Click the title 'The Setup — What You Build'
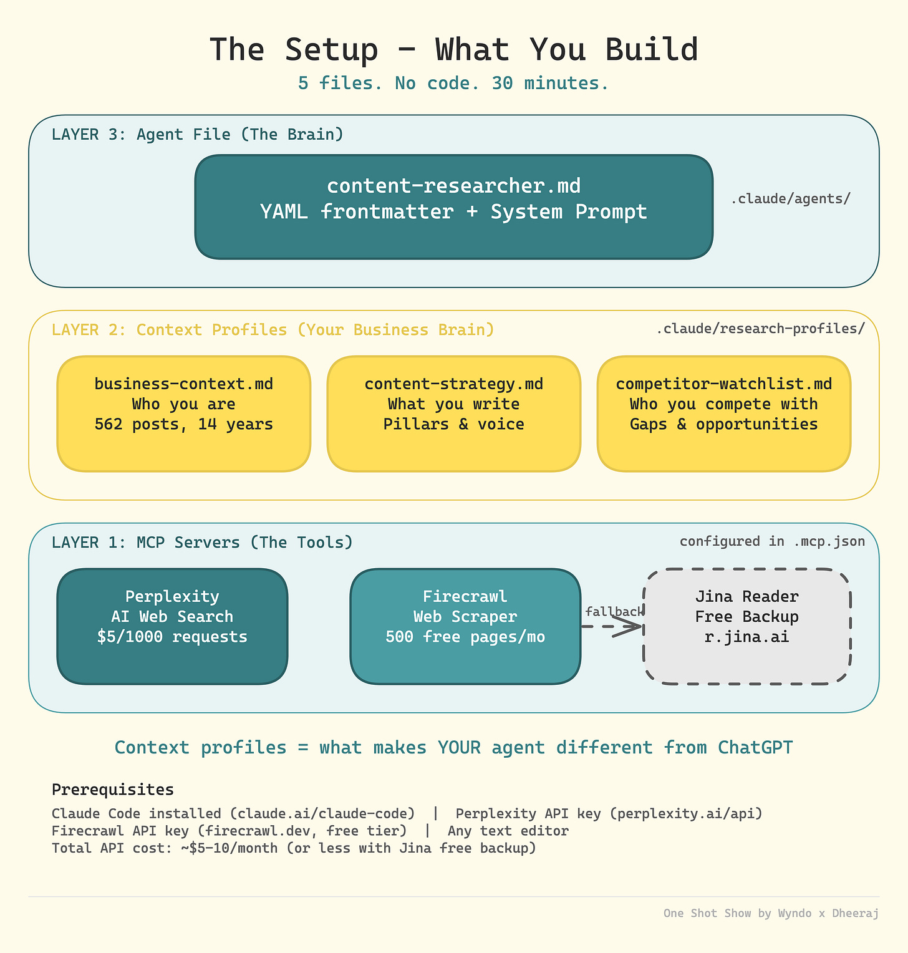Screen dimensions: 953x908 (x=453, y=50)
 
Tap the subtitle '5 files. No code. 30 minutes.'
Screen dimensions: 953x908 (x=453, y=83)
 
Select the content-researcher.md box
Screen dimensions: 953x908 (x=453, y=206)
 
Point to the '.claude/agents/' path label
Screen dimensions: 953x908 (x=790, y=199)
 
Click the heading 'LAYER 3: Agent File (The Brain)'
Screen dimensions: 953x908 (x=197, y=134)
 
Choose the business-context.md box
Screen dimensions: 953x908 (x=183, y=414)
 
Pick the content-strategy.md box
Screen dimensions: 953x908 (x=453, y=414)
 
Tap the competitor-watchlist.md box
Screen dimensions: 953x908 (x=723, y=414)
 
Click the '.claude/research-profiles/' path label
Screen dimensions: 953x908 (x=760, y=329)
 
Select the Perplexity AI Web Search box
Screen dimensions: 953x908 (x=172, y=626)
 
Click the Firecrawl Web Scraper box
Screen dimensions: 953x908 (x=465, y=626)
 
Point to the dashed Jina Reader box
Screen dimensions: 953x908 (x=746, y=626)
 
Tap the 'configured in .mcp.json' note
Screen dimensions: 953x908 (x=772, y=541)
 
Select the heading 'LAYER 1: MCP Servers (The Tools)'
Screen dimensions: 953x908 (x=202, y=542)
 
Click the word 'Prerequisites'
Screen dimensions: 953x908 (x=112, y=790)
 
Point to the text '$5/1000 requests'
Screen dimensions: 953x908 (x=172, y=637)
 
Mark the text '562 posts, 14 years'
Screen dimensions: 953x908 (x=183, y=424)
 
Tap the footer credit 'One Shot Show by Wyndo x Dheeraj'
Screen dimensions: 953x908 (x=771, y=913)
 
